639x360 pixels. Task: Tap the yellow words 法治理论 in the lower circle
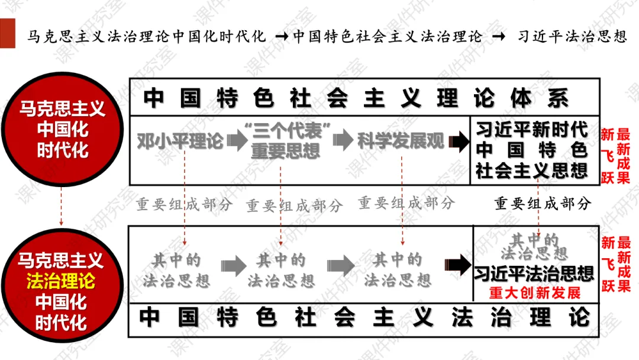tap(60, 281)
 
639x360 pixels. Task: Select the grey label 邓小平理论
tap(180, 142)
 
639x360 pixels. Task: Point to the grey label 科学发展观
tap(401, 141)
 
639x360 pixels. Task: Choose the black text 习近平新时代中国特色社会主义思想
tap(532, 150)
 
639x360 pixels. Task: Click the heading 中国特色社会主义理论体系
tap(355, 98)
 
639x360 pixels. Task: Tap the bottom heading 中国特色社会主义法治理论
tap(364, 318)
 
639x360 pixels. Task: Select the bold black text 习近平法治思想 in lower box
tap(534, 274)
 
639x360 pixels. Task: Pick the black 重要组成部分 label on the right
tap(543, 204)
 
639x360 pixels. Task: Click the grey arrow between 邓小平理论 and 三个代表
tap(235, 142)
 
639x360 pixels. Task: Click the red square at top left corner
tap(7, 34)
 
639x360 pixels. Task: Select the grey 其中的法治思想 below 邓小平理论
tap(176, 270)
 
